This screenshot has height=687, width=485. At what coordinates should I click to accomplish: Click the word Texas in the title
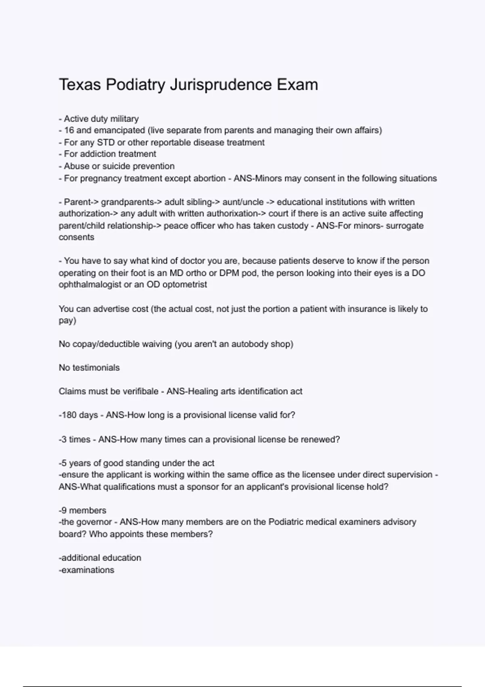pos(80,85)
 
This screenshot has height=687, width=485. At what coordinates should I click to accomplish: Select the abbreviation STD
pos(106,143)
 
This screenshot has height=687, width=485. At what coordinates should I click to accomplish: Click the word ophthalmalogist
pos(90,285)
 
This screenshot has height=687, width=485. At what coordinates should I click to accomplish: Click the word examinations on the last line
pos(88,570)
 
